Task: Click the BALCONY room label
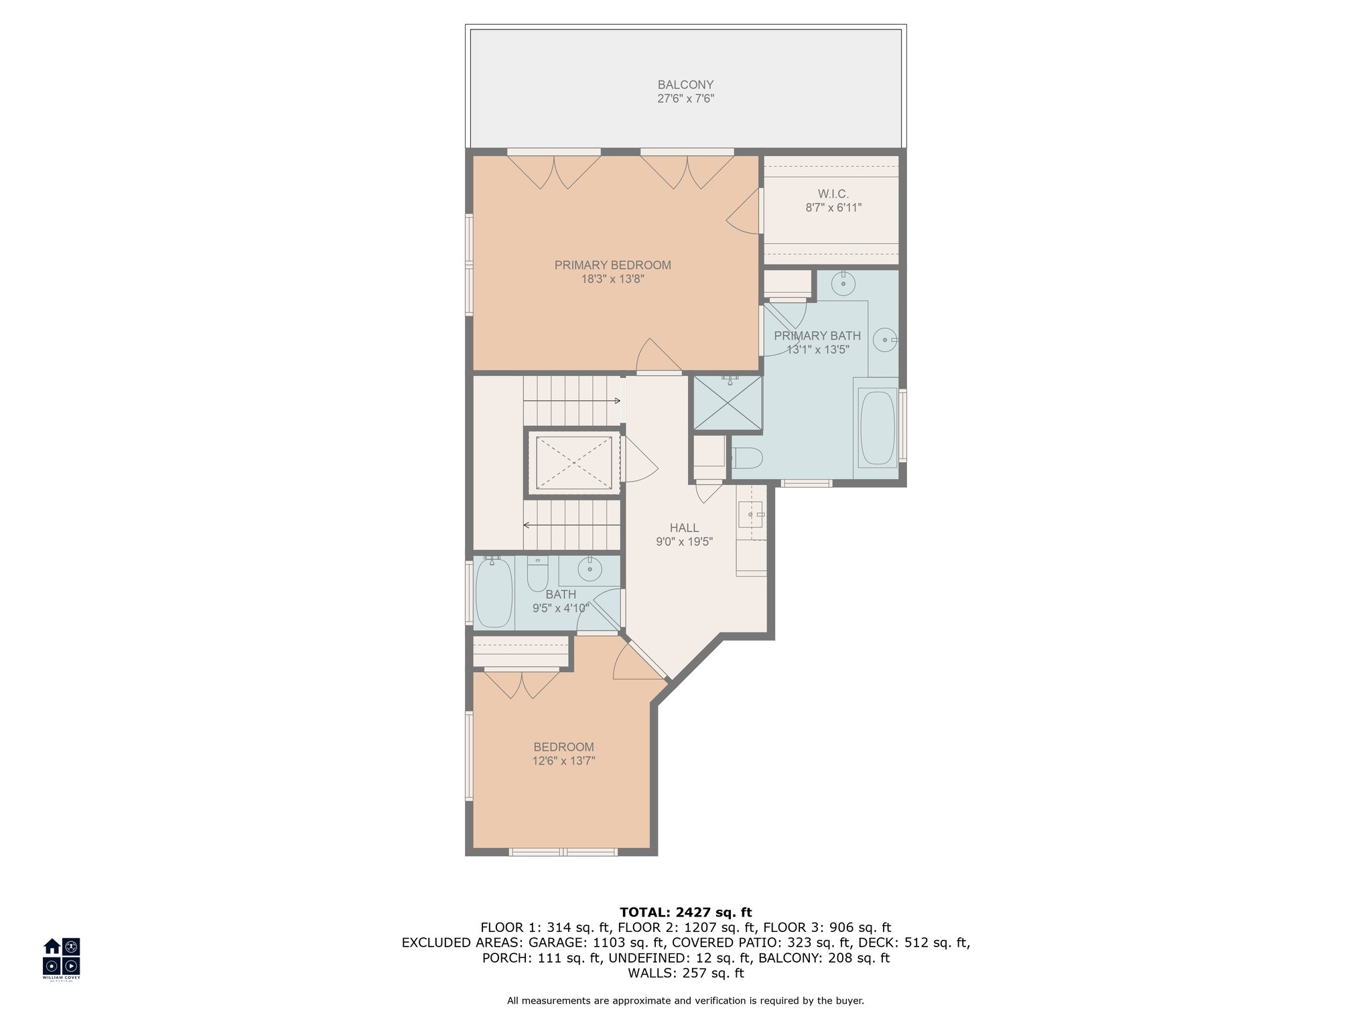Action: point(685,85)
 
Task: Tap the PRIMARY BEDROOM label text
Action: point(612,265)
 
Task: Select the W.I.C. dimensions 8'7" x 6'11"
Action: point(833,208)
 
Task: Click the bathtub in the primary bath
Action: point(877,427)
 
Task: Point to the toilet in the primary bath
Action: point(748,458)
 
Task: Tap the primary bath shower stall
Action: point(727,403)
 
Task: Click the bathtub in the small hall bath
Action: point(494,592)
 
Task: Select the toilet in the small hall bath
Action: point(537,573)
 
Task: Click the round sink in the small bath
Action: point(590,571)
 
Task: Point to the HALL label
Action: point(684,528)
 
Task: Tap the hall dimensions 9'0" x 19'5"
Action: point(684,542)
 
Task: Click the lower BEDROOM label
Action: point(563,747)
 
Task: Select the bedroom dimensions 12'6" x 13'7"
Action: point(563,761)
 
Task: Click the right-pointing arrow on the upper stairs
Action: point(571,401)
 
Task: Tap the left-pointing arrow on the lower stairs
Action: point(571,525)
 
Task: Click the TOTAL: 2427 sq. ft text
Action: point(685,912)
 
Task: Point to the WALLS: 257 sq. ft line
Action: point(685,973)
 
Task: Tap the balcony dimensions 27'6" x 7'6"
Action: point(685,99)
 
